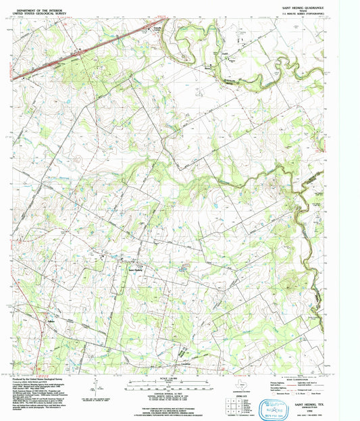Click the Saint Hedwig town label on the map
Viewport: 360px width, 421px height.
pyautogui.click(x=136, y=271)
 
